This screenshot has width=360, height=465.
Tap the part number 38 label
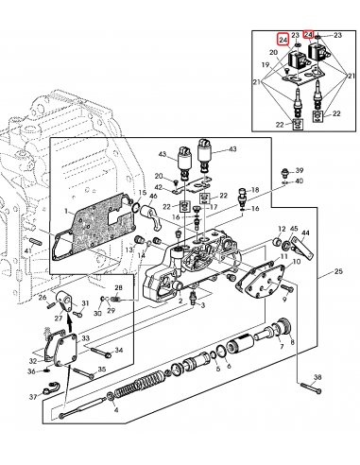point(317,376)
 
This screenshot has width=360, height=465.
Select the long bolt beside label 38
point(309,387)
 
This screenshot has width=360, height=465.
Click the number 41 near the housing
point(29,250)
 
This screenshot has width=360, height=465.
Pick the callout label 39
point(299,169)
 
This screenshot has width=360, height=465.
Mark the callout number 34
point(120,352)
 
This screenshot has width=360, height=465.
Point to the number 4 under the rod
point(116,411)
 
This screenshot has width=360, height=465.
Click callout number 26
point(42,297)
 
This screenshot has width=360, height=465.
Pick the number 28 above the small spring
point(118,287)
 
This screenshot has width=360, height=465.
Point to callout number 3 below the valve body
point(194,307)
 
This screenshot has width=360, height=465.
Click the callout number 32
point(33,360)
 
